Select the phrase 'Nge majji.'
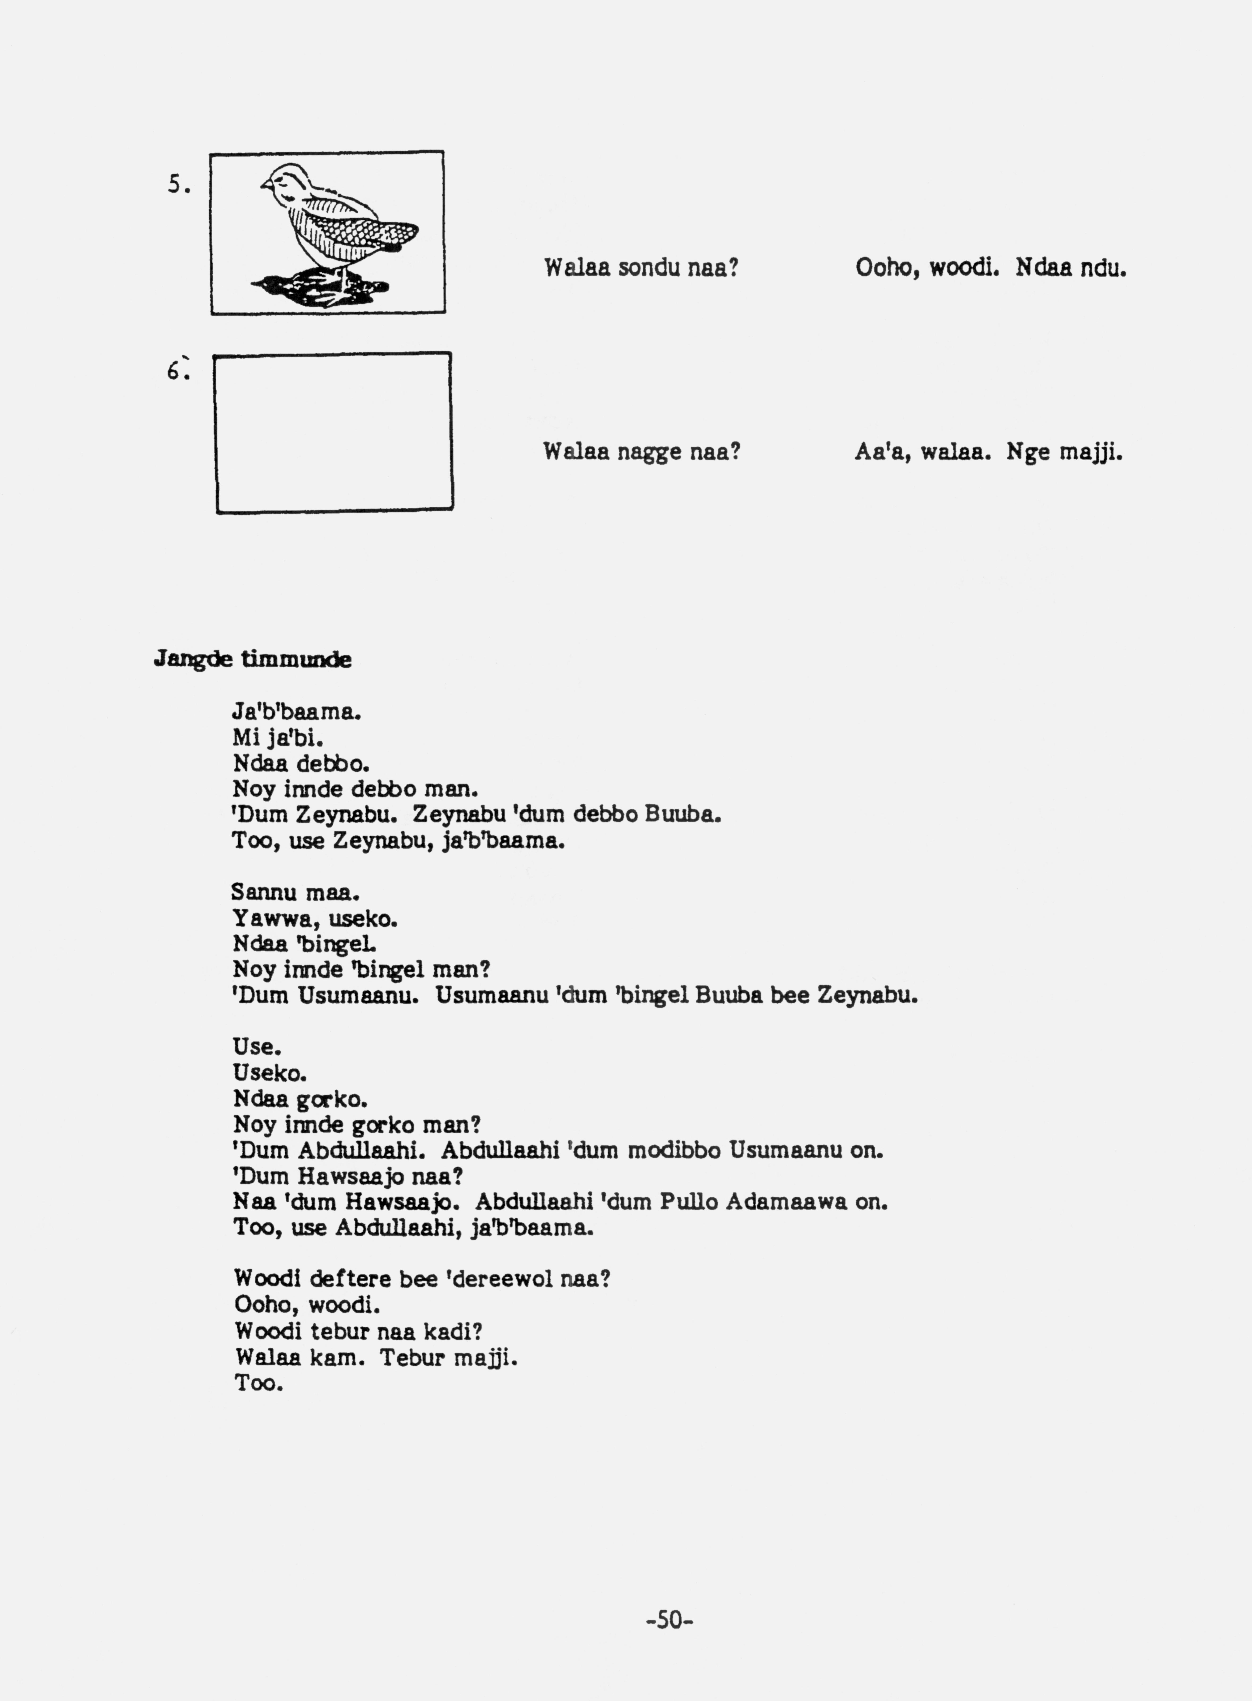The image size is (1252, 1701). click(x=1064, y=452)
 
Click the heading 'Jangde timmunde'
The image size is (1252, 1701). click(x=252, y=659)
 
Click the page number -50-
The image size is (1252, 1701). click(x=670, y=1620)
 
